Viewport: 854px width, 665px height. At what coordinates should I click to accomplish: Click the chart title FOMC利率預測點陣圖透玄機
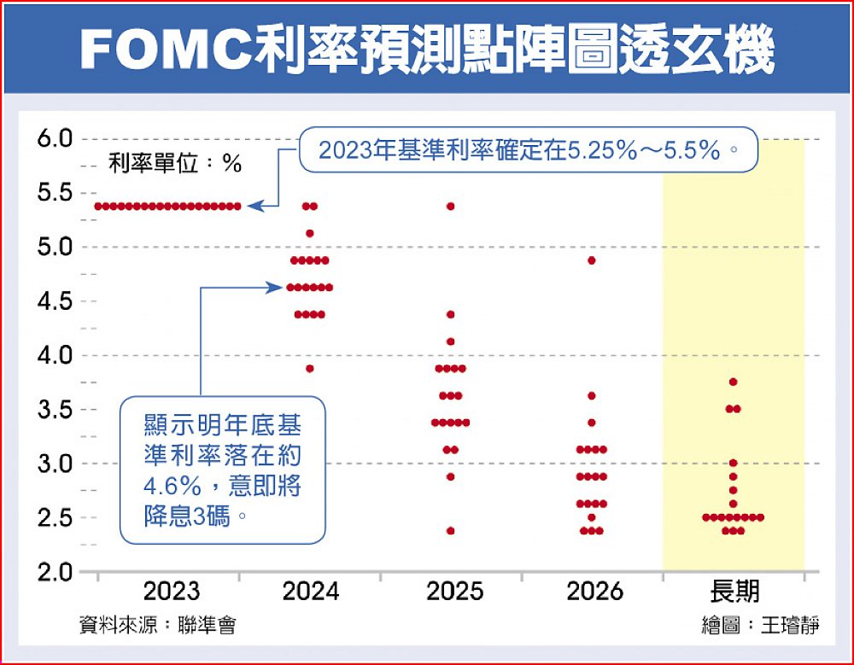[427, 50]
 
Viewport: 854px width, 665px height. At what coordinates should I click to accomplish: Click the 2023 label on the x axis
[172, 592]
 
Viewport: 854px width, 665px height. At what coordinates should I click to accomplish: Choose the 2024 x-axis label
[311, 592]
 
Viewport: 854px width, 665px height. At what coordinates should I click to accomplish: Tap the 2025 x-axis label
[453, 592]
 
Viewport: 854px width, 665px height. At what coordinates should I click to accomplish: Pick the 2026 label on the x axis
[594, 592]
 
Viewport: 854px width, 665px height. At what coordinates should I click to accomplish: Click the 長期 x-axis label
[734, 592]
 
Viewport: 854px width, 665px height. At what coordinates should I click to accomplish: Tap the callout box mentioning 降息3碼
[222, 469]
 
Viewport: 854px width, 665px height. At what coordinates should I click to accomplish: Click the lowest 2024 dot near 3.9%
[310, 369]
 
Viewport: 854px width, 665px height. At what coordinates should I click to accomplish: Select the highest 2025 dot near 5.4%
[451, 206]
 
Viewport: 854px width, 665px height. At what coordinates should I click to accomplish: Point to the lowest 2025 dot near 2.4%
[451, 531]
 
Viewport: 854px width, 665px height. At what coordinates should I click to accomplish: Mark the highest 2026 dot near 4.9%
[592, 260]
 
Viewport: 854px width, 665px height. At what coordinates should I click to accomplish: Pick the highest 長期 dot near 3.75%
[733, 382]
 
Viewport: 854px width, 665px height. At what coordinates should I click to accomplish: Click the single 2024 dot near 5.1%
[310, 233]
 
